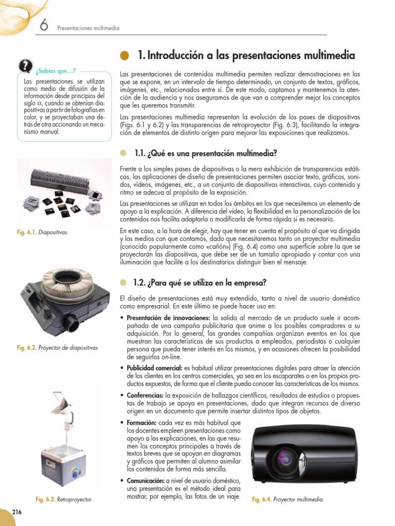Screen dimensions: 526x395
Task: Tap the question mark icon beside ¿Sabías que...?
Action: pos(24,66)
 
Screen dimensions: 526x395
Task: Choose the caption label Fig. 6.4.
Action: pos(261,499)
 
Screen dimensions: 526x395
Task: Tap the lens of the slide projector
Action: pos(71,324)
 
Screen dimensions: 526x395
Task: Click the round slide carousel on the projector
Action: pos(66,280)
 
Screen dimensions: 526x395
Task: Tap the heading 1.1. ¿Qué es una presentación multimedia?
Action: pos(205,153)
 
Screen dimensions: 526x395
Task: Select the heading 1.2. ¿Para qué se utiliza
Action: pos(200,283)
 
